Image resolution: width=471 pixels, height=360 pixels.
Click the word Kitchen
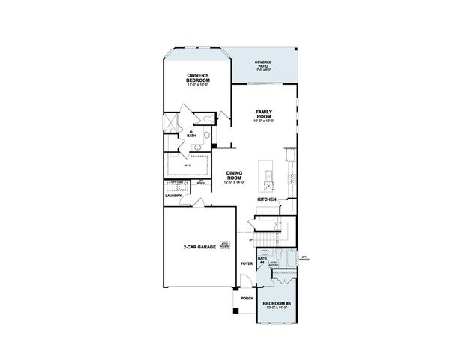pos(267,199)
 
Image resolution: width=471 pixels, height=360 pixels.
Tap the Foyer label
pos(245,264)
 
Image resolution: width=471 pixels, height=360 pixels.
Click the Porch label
pos(245,298)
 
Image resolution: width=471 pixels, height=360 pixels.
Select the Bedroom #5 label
pos(276,304)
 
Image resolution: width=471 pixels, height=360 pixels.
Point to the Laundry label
pos(174,196)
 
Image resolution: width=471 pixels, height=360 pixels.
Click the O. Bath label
pos(192,134)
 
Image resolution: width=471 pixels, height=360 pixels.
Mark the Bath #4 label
pos(262,259)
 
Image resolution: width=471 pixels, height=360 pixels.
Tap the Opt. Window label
pos(304,259)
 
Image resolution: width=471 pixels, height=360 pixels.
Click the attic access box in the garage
pos(224,245)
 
